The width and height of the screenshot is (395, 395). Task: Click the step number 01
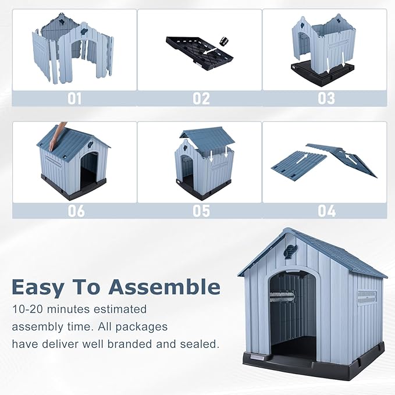click(74, 98)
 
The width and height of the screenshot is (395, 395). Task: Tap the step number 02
click(201, 98)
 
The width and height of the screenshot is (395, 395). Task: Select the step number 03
click(326, 98)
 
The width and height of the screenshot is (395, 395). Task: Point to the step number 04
click(326, 211)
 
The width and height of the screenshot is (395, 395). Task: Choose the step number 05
click(201, 211)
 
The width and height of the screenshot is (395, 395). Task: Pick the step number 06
click(76, 211)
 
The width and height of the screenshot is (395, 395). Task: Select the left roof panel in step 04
click(298, 165)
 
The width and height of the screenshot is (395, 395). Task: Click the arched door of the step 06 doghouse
click(89, 169)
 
